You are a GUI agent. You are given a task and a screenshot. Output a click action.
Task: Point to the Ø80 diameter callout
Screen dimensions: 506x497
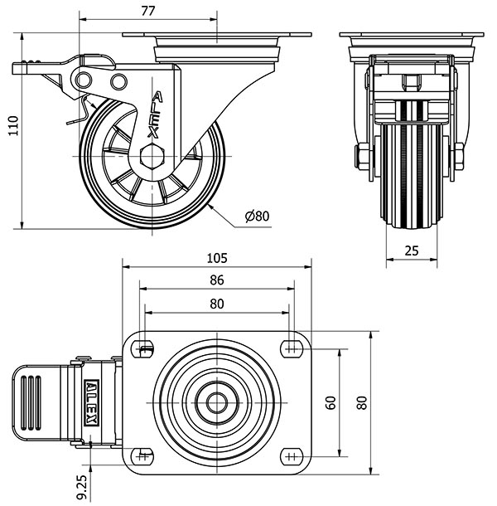point(258,217)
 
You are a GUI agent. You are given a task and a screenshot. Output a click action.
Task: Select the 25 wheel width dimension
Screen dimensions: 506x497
point(412,250)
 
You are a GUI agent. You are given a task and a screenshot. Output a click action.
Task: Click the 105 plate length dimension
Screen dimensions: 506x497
point(217,257)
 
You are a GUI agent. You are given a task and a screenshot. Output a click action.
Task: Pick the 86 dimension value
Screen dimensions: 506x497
point(217,280)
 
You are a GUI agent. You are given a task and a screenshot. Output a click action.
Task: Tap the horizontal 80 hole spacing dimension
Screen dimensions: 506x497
point(217,304)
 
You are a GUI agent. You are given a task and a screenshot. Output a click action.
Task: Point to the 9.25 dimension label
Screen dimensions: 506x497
point(81,485)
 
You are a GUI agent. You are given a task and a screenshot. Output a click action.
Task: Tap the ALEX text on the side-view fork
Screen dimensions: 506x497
point(156,114)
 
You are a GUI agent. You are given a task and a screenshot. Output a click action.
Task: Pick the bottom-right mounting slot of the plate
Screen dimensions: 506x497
point(290,455)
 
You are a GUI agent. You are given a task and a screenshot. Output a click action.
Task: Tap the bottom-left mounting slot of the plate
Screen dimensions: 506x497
point(145,455)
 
